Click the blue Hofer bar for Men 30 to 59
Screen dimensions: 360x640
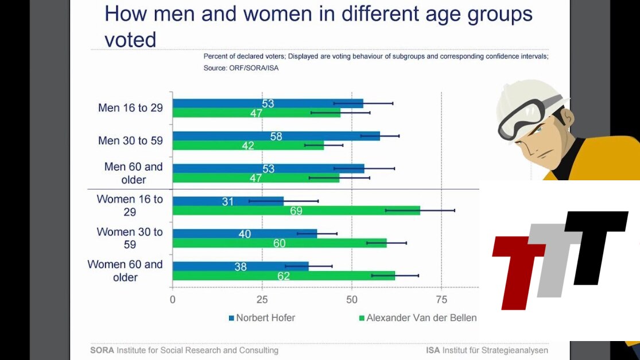click(x=276, y=136)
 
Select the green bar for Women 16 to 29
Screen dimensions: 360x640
click(x=296, y=211)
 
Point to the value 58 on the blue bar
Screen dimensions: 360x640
click(x=277, y=137)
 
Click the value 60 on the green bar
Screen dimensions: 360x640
click(x=279, y=243)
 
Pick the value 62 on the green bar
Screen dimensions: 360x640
click(x=284, y=276)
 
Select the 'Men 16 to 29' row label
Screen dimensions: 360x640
click(x=130, y=108)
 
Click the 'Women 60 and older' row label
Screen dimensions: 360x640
click(x=125, y=271)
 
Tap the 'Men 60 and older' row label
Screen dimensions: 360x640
click(x=133, y=173)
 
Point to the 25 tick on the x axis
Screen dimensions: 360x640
click(x=262, y=299)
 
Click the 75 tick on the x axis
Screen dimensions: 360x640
click(x=441, y=299)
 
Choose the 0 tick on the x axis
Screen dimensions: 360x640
click(x=173, y=299)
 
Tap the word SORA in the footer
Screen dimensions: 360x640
click(x=102, y=350)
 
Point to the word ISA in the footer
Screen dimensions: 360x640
click(x=433, y=350)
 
